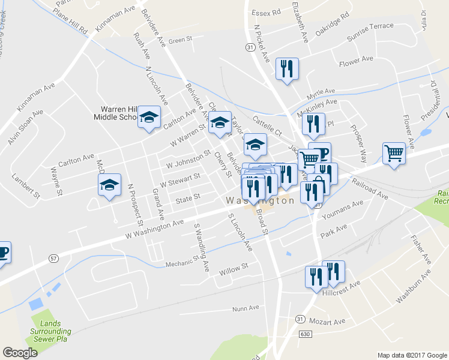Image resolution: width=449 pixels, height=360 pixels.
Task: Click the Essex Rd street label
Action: click(x=267, y=12)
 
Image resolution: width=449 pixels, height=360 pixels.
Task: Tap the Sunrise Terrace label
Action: click(x=370, y=32)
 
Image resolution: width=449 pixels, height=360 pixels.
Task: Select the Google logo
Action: click(x=20, y=353)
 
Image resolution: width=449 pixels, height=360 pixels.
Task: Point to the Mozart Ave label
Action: click(x=328, y=322)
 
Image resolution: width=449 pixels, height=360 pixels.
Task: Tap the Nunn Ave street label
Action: click(x=246, y=308)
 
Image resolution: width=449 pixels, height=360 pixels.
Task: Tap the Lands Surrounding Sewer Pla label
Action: click(x=50, y=335)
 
